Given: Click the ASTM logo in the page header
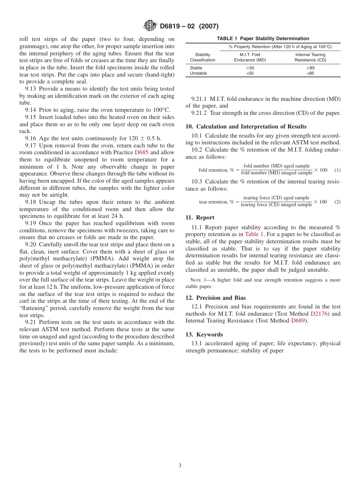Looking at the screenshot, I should pyautogui.click(x=150, y=26).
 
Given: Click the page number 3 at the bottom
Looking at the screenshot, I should pyautogui.click(x=180, y=465).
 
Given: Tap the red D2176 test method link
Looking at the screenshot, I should pyautogui.click(x=318, y=314).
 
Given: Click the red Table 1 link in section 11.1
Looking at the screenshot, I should pyautogui.click(x=254, y=235).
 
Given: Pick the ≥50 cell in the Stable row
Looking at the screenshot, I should pyautogui.click(x=250, y=68).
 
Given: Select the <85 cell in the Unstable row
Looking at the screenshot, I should pyautogui.click(x=310, y=73).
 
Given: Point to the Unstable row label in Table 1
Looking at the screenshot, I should pyautogui.click(x=198, y=73).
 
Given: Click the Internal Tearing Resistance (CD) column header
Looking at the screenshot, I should pyautogui.click(x=310, y=57).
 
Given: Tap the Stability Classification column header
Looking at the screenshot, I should pyautogui.click(x=202, y=57).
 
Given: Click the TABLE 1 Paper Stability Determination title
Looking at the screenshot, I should pyautogui.click(x=263, y=38).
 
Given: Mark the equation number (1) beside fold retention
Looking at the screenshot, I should pyautogui.click(x=337, y=170).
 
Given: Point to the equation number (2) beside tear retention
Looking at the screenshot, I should pyautogui.click(x=337, y=202).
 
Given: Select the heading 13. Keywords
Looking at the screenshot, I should pyautogui.click(x=204, y=335).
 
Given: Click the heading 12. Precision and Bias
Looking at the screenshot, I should pyautogui.click(x=215, y=298).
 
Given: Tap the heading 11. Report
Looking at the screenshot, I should pyautogui.click(x=200, y=218).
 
